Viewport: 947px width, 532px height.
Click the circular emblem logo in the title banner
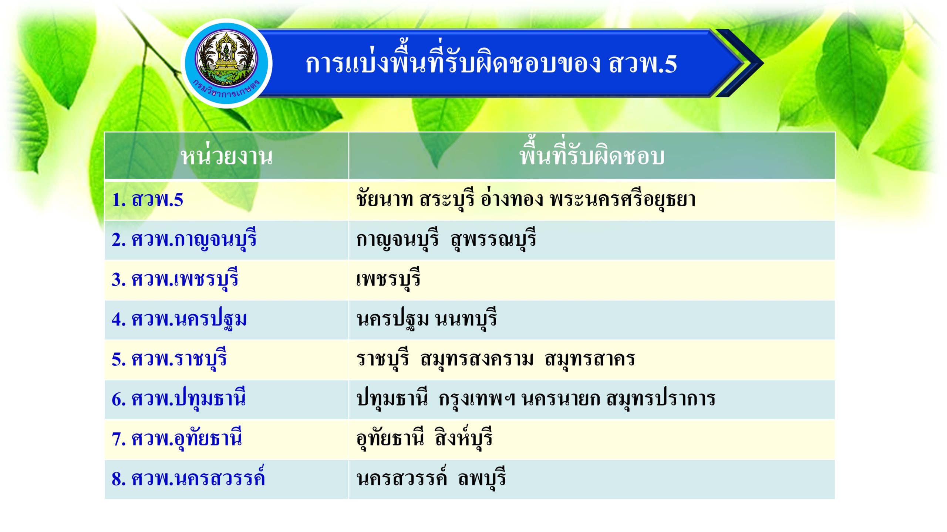pos(227,64)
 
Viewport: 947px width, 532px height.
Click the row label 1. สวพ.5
pos(147,199)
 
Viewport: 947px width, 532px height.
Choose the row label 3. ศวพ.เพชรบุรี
pos(175,279)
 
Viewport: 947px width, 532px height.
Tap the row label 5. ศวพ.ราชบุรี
pos(169,359)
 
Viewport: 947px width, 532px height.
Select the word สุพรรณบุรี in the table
pos(493,239)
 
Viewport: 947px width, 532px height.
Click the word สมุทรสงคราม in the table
pos(477,359)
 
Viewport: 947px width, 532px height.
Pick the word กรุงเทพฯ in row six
pos(477,399)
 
